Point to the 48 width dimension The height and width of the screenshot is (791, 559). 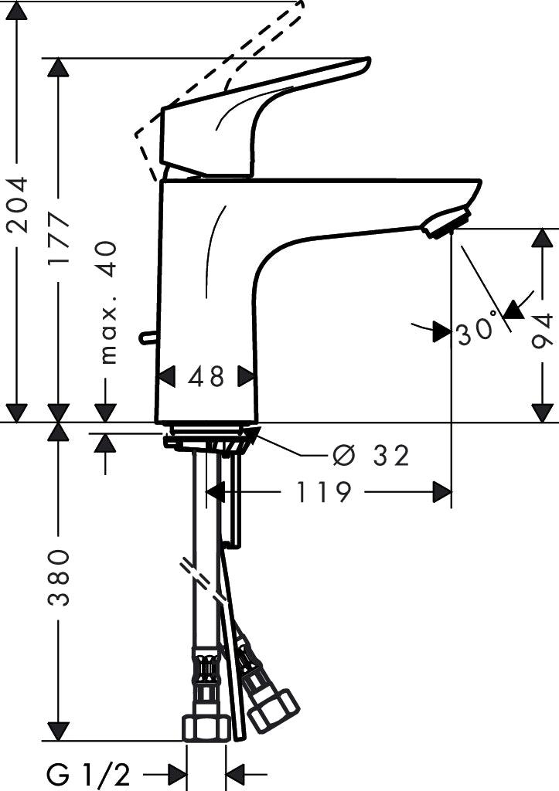[x=206, y=376]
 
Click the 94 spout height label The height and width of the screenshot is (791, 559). [x=544, y=331]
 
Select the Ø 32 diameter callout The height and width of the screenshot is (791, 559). [x=371, y=456]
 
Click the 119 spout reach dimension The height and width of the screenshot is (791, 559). [x=322, y=491]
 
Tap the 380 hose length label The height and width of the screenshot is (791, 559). [x=59, y=578]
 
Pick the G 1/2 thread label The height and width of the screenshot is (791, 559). [x=88, y=772]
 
